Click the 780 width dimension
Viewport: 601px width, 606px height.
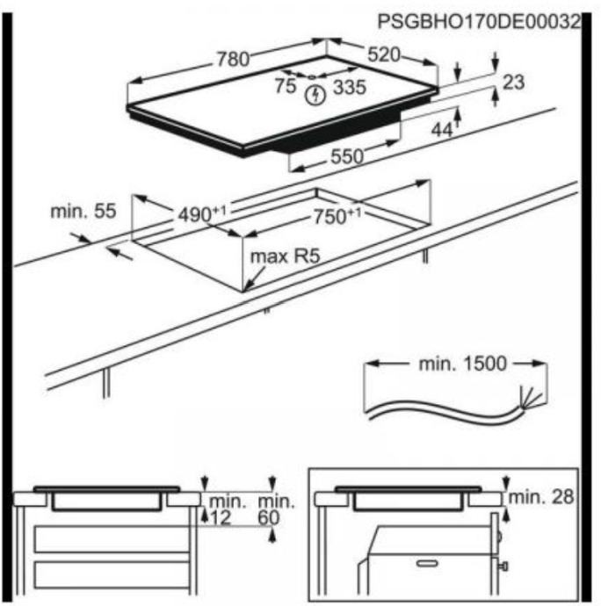232,60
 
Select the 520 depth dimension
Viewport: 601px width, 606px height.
384,54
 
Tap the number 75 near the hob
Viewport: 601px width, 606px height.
286,86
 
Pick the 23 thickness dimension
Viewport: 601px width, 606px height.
514,83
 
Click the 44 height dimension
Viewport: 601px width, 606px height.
442,130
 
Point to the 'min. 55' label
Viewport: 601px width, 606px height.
83,211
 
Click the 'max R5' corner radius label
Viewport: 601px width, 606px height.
284,257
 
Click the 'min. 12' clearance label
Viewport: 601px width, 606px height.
221,510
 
